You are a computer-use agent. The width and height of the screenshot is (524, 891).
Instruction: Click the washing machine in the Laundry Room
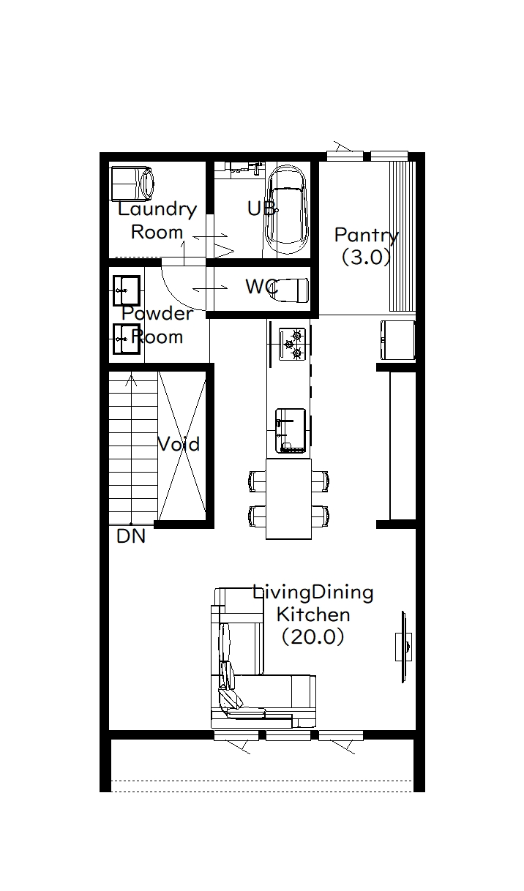(132, 184)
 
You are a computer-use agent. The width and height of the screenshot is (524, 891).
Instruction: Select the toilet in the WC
(290, 289)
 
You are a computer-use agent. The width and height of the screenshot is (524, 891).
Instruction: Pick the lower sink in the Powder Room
(127, 339)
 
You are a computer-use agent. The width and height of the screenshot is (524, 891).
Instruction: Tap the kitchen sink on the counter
(291, 430)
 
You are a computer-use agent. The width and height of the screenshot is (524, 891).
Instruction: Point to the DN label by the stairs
(131, 536)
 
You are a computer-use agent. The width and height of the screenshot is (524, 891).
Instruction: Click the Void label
(179, 444)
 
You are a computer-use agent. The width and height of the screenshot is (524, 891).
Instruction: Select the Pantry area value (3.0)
(366, 257)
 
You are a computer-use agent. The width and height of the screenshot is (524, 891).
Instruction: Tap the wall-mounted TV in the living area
(403, 647)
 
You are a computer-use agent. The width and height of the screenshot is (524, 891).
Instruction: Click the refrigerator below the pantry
(398, 340)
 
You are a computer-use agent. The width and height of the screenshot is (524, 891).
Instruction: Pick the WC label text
(261, 287)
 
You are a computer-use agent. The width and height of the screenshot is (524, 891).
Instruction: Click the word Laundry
(157, 210)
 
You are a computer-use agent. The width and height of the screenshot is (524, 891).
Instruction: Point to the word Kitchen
(313, 614)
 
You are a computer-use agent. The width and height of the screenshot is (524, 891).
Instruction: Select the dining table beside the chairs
(288, 499)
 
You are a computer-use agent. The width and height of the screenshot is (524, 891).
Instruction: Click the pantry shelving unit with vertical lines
(403, 236)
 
